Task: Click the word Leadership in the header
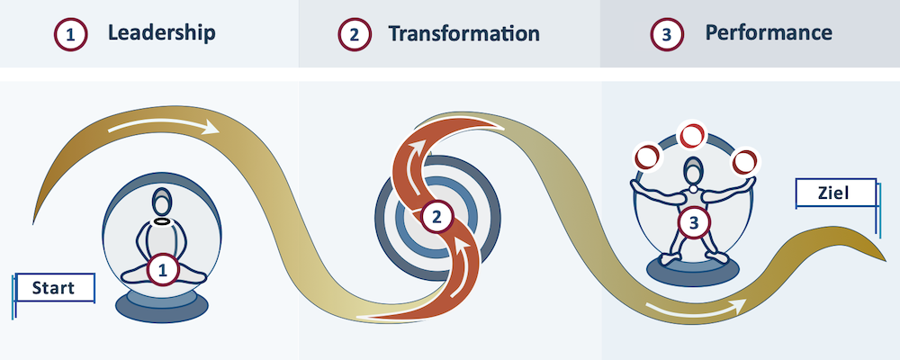click(162, 32)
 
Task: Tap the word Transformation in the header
click(463, 33)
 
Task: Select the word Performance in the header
click(769, 32)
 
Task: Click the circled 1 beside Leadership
click(70, 34)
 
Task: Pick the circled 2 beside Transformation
click(354, 34)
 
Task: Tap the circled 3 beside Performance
click(666, 34)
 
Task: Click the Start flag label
click(54, 288)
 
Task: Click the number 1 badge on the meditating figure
click(164, 271)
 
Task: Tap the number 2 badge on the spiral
click(437, 217)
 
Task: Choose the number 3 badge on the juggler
click(694, 222)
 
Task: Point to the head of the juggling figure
click(694, 170)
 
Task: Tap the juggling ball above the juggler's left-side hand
click(647, 157)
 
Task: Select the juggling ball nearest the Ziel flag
click(745, 161)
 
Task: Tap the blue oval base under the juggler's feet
click(693, 269)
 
